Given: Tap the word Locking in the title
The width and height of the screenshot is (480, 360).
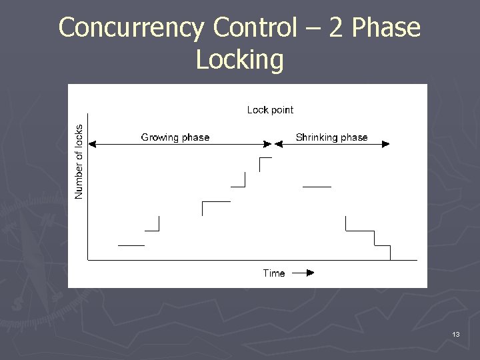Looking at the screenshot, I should click(240, 60).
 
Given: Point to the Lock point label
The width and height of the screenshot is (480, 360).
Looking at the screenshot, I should click(270, 110).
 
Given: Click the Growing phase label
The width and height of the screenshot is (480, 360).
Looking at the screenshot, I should click(175, 137).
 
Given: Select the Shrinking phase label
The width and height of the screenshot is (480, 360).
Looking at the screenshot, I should click(331, 137).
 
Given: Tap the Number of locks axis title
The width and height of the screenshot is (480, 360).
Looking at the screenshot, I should click(79, 161).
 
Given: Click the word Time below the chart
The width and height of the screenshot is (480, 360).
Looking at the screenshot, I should click(273, 273).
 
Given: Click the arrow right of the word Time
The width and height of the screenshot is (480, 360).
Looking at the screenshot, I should click(303, 273).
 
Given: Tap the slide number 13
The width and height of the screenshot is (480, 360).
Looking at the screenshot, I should click(456, 334).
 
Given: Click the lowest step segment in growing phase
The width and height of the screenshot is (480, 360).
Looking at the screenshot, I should click(131, 245).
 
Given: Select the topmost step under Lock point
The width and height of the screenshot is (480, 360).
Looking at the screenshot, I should click(265, 159).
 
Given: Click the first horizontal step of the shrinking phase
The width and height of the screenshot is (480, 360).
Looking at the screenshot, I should click(317, 187).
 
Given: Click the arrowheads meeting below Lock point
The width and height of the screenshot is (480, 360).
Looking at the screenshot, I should click(273, 143).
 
